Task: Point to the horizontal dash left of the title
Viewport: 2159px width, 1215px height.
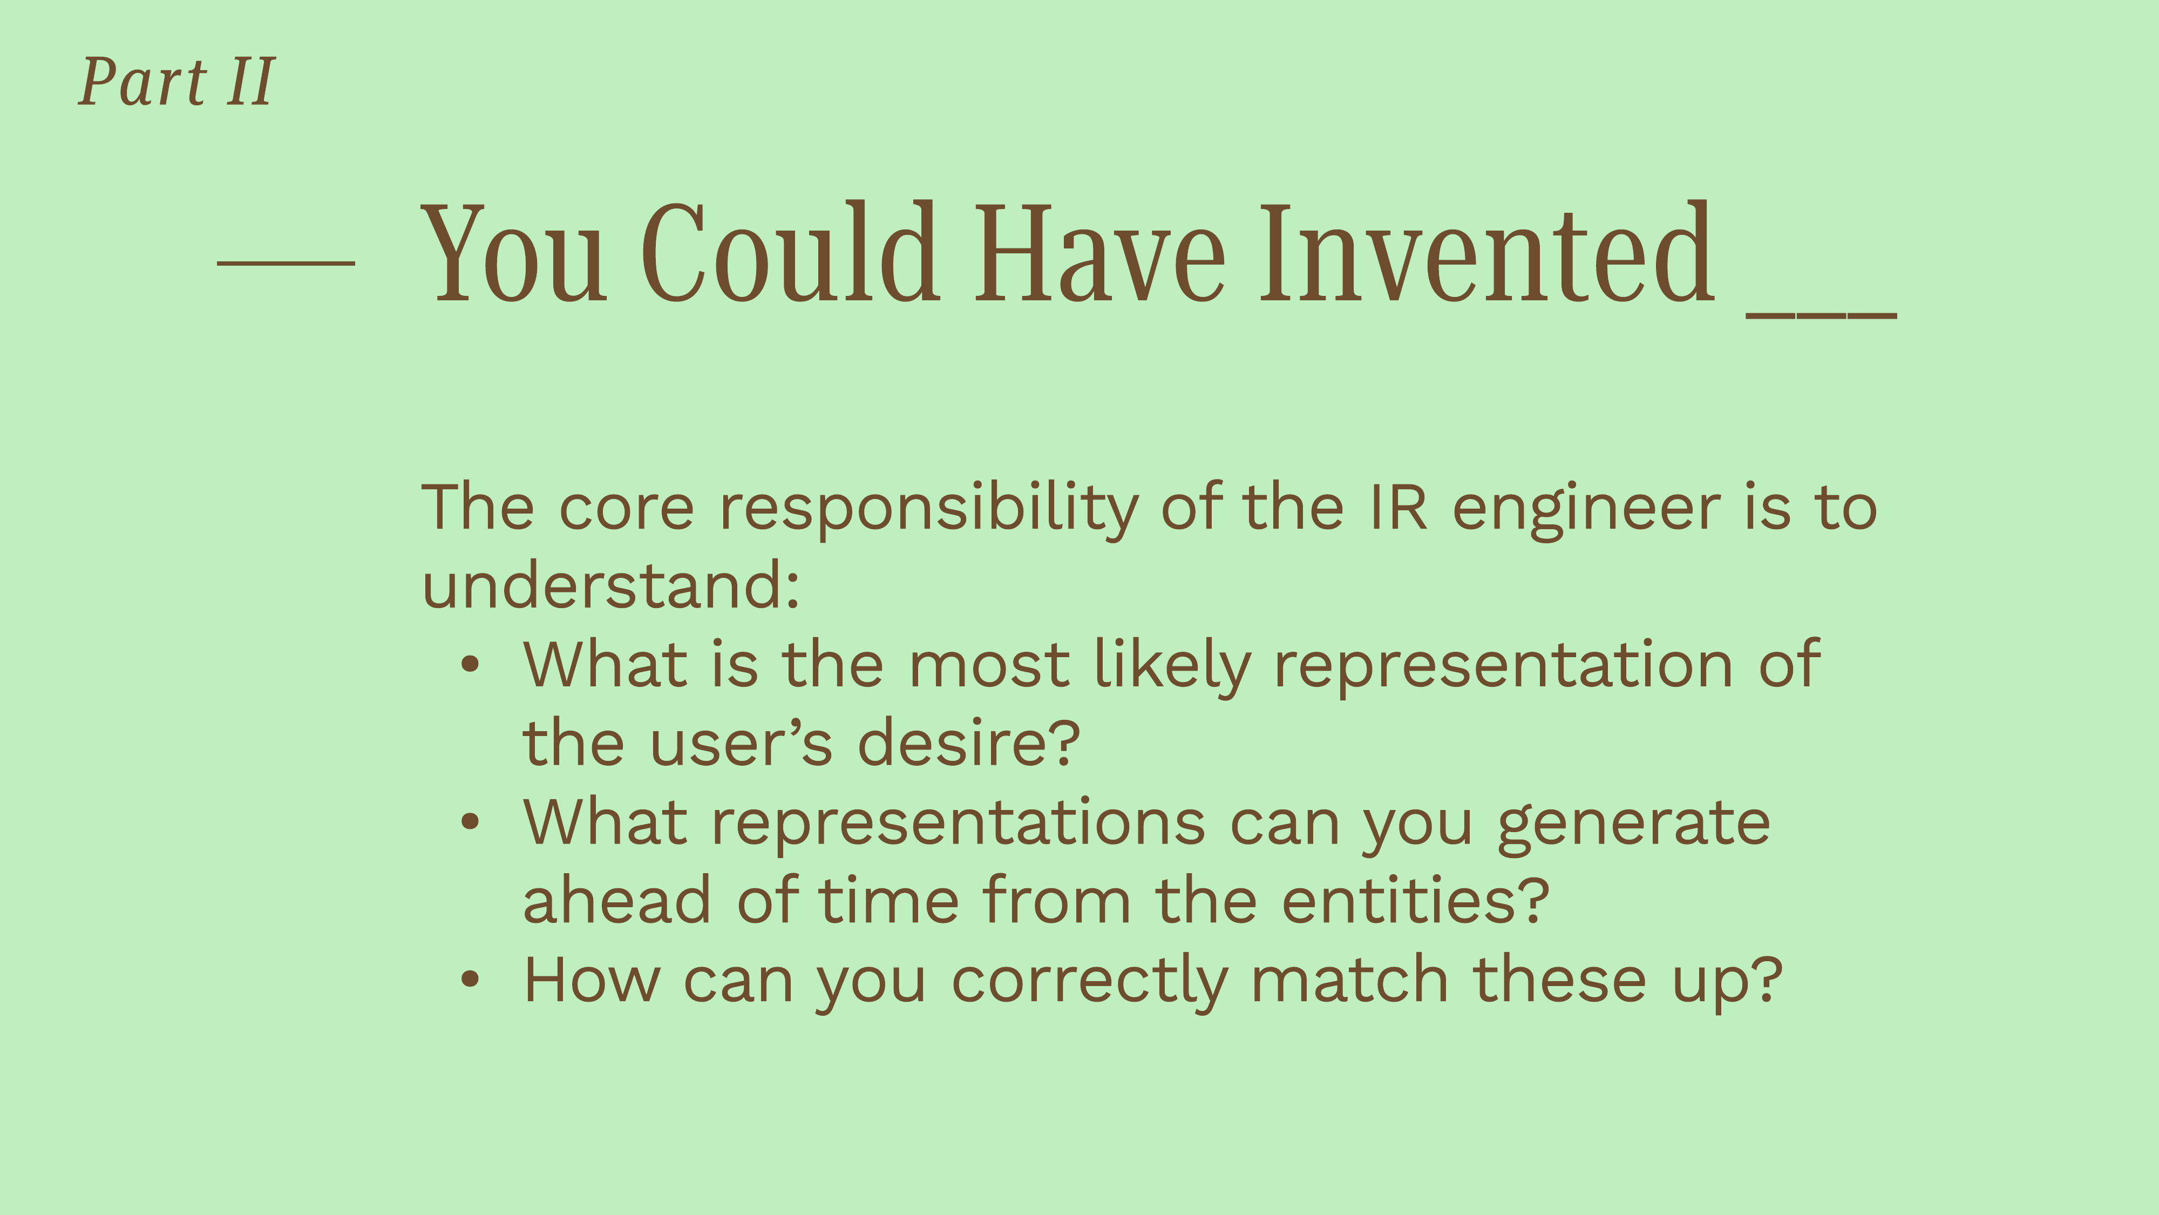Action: tap(286, 264)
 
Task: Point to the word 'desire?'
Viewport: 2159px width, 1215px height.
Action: tap(969, 743)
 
